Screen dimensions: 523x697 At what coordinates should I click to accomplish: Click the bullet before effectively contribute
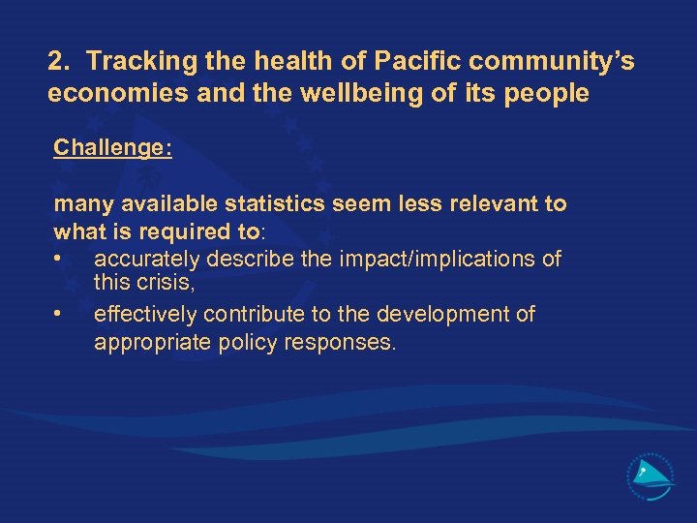[60, 314]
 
